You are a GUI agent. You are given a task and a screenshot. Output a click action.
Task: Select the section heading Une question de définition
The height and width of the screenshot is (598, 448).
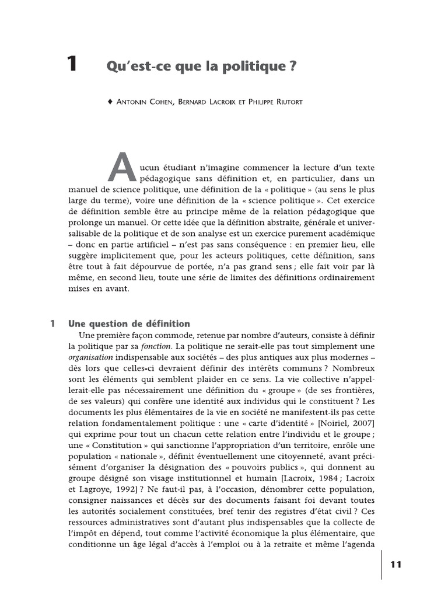click(129, 323)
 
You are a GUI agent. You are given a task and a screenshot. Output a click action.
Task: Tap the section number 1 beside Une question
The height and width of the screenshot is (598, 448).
click(52, 323)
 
